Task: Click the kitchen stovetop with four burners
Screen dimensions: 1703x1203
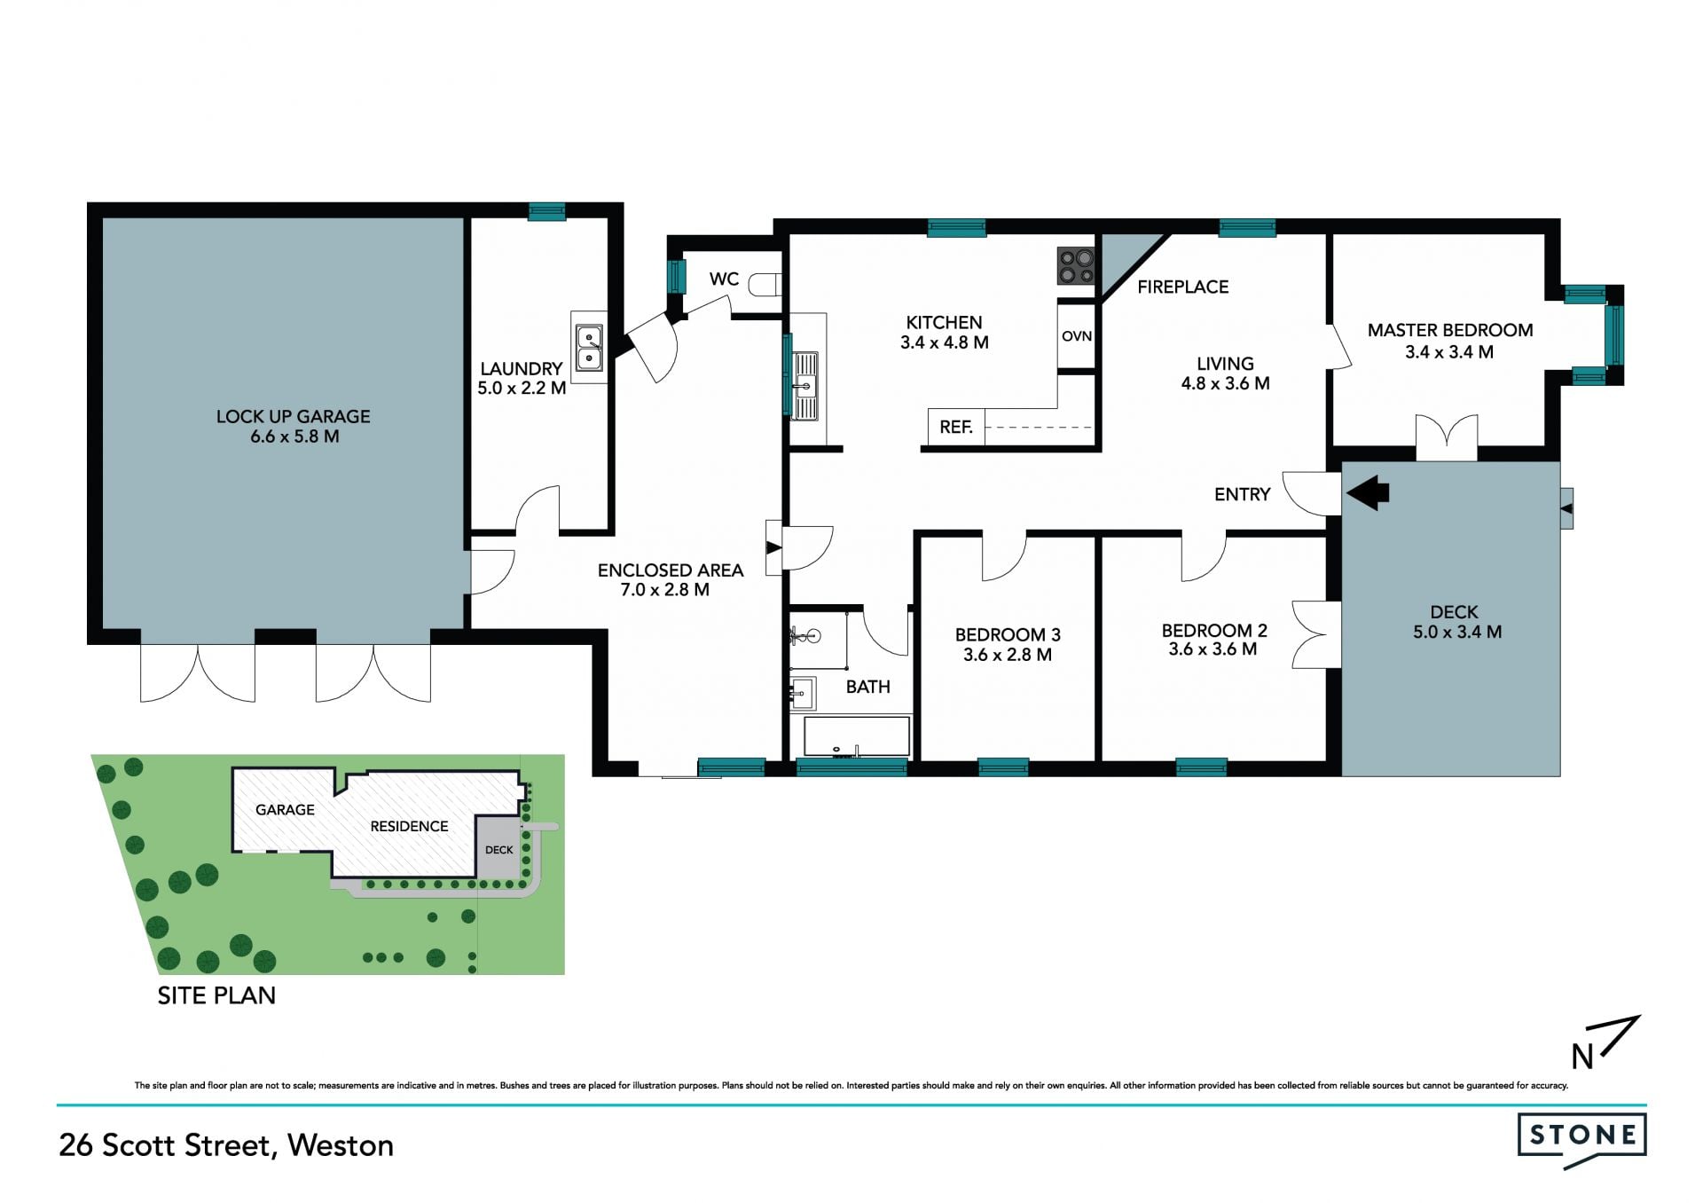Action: click(x=1076, y=266)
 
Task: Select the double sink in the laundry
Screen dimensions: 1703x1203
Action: click(x=589, y=347)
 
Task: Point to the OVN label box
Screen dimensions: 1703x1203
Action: click(x=1077, y=336)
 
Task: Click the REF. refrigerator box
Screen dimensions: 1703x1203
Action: click(x=955, y=427)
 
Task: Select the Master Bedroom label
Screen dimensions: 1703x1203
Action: click(x=1450, y=330)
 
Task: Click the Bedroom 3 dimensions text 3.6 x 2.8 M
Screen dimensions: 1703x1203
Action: click(x=1008, y=655)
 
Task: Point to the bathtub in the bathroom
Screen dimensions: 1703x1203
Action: click(x=857, y=737)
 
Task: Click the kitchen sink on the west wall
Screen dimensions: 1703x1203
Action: click(x=805, y=385)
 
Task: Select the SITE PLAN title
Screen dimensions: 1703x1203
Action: click(x=216, y=995)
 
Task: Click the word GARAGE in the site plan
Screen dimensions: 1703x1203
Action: click(x=285, y=809)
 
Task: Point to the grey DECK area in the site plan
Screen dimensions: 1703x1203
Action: click(x=498, y=849)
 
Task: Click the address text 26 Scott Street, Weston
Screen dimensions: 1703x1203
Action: click(x=226, y=1145)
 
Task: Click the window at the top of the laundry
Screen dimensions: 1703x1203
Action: click(x=547, y=211)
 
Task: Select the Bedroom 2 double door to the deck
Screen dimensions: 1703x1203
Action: click(x=1316, y=634)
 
